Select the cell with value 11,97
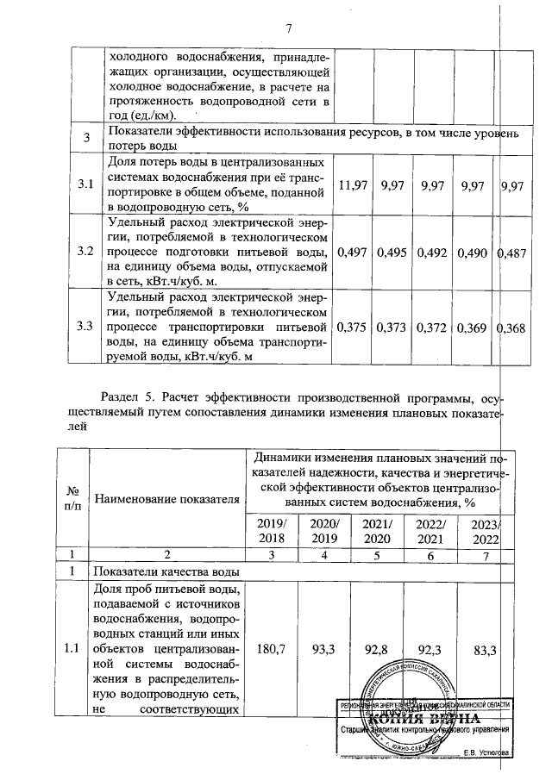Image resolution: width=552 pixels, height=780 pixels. (354, 185)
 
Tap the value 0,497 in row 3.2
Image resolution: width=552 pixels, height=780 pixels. (354, 253)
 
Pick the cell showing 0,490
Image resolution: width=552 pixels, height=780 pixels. (474, 253)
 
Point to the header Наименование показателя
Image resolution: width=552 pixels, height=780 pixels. (166, 499)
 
